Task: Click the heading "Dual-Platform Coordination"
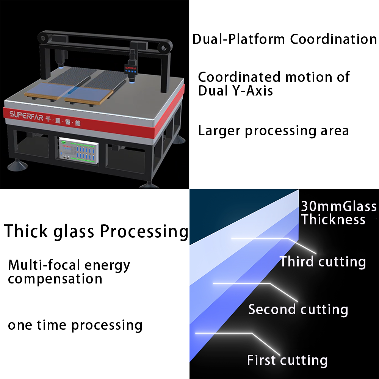285,39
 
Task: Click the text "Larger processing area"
273,131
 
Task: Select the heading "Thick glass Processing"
96,231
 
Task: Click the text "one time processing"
75,325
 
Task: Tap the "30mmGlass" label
339,206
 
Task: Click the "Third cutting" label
323,262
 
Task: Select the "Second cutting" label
298,310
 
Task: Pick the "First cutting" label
287,360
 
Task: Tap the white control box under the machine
79,150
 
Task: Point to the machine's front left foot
17,165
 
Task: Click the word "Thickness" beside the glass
333,219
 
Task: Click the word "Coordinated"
240,77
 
